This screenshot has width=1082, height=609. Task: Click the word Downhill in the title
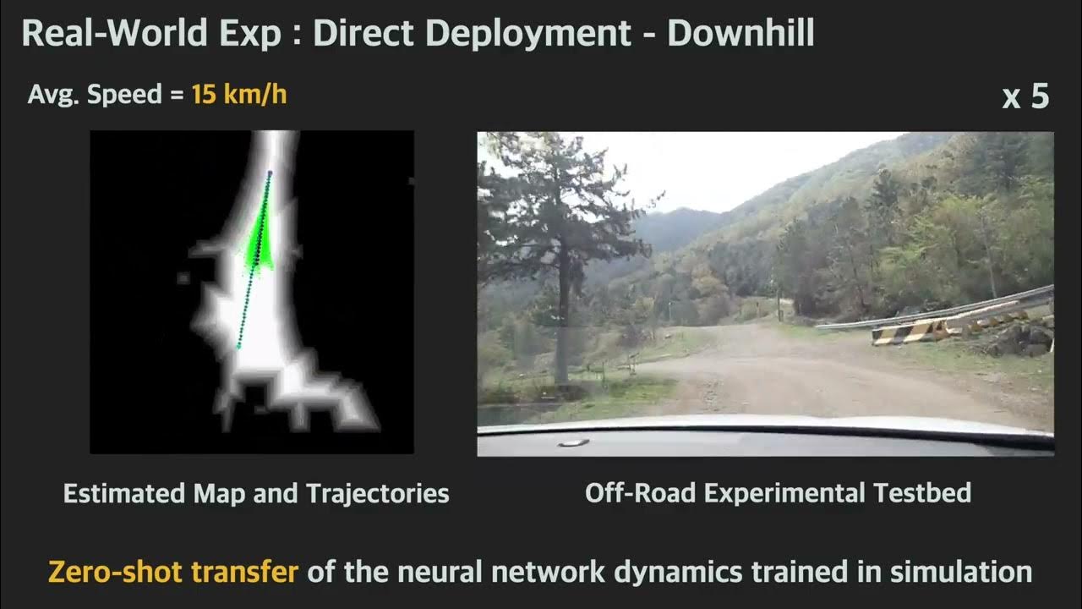740,33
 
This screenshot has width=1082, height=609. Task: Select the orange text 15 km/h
239,94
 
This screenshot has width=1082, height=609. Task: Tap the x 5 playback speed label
1025,97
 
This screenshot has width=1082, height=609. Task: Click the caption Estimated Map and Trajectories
256,493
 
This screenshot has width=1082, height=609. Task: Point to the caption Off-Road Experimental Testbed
778,493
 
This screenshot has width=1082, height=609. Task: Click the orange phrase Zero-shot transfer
173,572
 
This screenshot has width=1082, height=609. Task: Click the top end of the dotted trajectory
270,173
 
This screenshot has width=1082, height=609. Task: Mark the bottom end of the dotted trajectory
238,347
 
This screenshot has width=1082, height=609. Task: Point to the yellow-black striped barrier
913,331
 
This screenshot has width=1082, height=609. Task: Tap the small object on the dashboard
573,442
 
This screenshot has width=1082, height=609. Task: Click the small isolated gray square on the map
183,277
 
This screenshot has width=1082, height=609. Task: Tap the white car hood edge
761,424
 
